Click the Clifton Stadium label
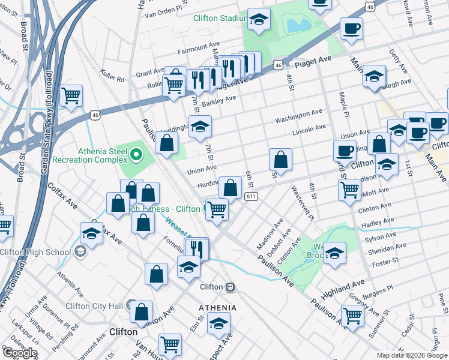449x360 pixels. click(220, 18)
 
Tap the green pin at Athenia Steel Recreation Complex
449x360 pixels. click(136, 156)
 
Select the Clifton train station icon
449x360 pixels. click(230, 287)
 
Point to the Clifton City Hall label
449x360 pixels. click(95, 306)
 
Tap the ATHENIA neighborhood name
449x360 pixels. click(217, 308)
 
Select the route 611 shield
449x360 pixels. click(251, 196)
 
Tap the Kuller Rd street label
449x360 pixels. click(112, 79)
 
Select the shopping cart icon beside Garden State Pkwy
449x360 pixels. click(71, 95)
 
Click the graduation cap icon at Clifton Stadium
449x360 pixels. click(258, 20)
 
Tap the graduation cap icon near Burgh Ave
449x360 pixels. click(373, 76)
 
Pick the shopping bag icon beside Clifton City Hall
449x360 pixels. click(142, 311)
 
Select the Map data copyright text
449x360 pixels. click(412, 355)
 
